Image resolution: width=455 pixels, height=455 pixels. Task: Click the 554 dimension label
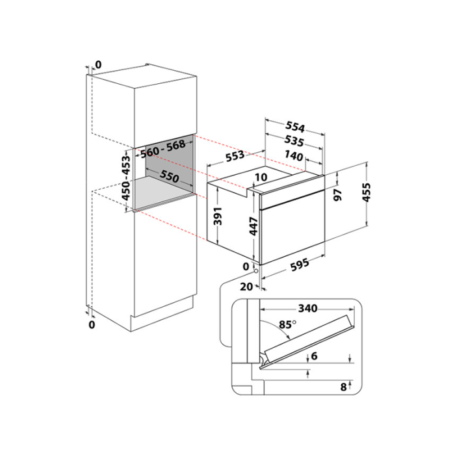click(295, 127)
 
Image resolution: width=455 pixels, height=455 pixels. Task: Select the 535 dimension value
click(294, 141)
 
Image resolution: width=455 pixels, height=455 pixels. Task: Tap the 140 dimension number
click(294, 156)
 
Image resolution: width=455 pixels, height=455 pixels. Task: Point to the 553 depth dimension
click(235, 156)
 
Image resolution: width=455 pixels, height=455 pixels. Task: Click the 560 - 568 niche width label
click(162, 149)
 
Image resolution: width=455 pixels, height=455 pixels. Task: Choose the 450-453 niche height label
click(126, 178)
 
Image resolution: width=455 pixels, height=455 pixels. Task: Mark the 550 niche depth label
click(170, 176)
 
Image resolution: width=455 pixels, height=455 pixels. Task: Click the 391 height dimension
click(218, 216)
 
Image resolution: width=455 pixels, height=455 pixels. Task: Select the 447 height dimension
click(253, 226)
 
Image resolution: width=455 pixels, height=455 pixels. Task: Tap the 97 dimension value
click(338, 194)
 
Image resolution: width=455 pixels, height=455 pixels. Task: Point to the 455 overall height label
click(367, 192)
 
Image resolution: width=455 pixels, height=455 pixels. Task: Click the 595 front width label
click(300, 265)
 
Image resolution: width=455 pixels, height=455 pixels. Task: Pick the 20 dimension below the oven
click(246, 287)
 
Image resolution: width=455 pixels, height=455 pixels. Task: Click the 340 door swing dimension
click(308, 308)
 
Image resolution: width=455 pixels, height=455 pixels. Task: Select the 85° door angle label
click(287, 324)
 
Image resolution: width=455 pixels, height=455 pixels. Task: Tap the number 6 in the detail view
click(314, 356)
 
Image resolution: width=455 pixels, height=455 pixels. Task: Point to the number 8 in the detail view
click(344, 387)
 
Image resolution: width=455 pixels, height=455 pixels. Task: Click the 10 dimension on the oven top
click(261, 177)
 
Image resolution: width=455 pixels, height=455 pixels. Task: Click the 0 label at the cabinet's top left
click(98, 65)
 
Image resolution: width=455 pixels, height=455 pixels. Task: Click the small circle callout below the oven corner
click(255, 271)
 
